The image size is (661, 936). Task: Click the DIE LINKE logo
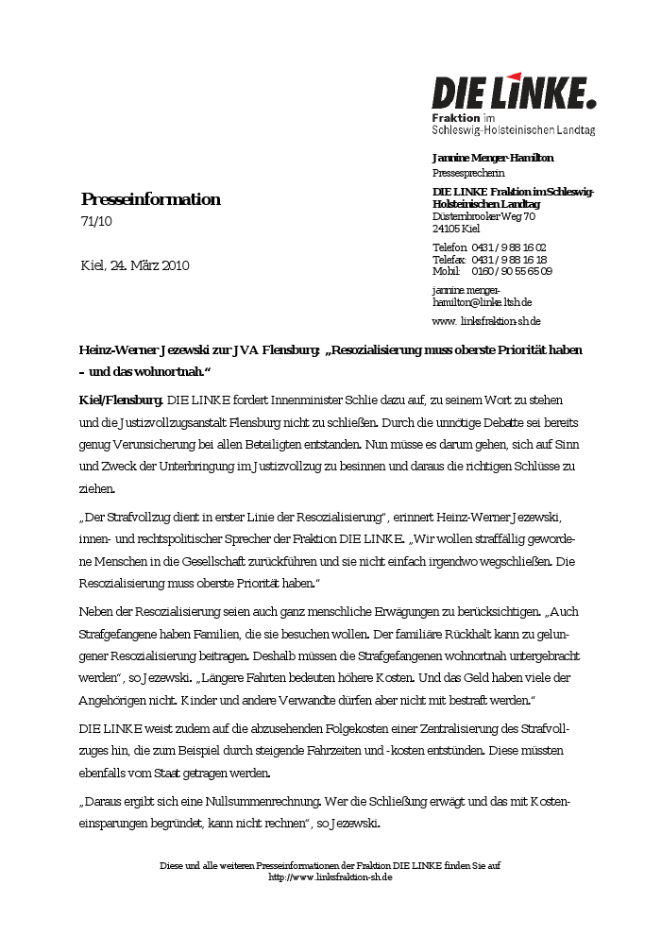click(x=514, y=93)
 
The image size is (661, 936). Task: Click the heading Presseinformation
click(x=150, y=199)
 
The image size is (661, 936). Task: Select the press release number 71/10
click(x=96, y=222)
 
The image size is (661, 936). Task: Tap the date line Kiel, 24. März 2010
click(x=135, y=265)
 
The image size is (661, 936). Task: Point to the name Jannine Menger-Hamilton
click(x=493, y=158)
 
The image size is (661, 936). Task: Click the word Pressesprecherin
click(x=468, y=173)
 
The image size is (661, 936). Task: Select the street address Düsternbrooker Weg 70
click(x=483, y=216)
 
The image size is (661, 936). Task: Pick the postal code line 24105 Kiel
click(x=456, y=229)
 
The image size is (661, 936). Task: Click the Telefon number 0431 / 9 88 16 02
click(x=509, y=247)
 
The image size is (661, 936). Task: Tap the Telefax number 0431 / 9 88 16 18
click(x=509, y=260)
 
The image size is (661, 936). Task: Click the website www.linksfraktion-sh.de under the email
click(x=486, y=321)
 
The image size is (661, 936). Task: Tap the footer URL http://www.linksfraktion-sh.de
click(x=330, y=877)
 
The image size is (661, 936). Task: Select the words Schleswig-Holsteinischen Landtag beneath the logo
click(x=513, y=129)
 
